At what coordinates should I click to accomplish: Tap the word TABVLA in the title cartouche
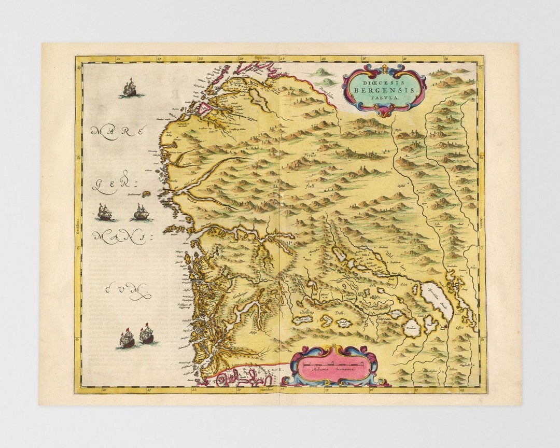click(385, 97)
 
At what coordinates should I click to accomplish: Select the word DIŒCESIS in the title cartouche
click(385, 81)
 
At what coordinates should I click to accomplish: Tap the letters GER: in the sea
click(115, 186)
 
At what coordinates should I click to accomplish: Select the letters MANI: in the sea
click(119, 237)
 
